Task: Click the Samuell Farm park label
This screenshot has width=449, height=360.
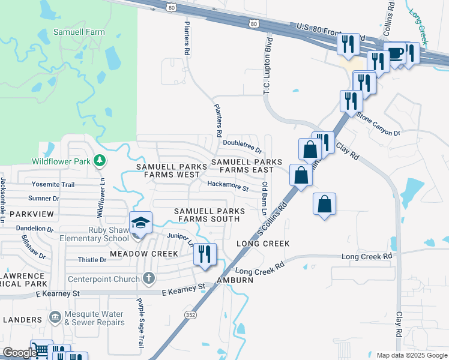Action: pos(79,32)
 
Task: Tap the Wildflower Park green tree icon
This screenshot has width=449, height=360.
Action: pos(100,160)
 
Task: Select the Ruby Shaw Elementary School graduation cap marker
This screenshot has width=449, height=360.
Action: pos(141,224)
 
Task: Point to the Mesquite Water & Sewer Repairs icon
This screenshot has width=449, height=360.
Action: pos(55,316)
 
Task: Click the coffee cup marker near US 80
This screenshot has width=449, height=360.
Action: pos(395,54)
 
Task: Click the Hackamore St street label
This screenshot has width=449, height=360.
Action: pos(228,188)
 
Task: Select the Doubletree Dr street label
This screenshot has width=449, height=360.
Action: pos(243,146)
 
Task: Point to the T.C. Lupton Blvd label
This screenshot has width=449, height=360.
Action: pos(268,65)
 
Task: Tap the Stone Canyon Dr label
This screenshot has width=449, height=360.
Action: pos(378,124)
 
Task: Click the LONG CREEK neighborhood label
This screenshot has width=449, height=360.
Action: pos(263,244)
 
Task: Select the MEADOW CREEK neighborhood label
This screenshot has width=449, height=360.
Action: pos(144,254)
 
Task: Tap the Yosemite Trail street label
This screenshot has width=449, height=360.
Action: pos(54,185)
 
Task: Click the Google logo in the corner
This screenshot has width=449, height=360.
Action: pos(20,353)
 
